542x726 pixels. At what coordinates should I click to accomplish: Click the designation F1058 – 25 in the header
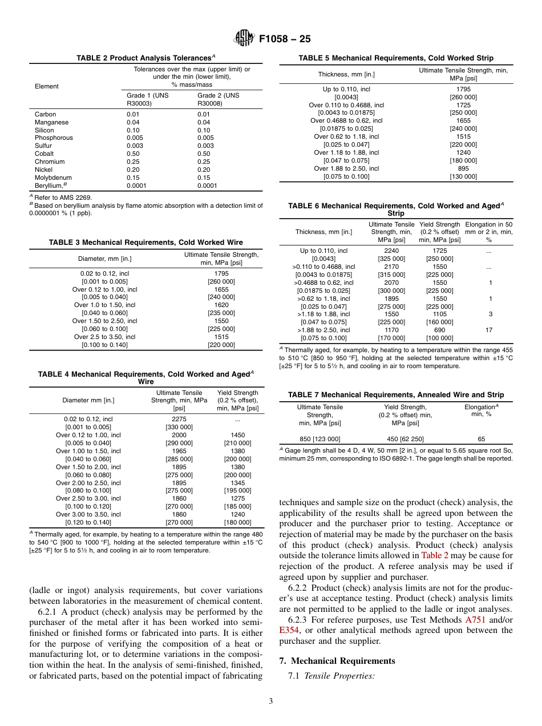[285, 39]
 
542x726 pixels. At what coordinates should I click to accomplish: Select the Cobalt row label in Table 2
[45, 154]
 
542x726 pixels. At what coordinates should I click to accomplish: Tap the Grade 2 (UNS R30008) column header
[218, 99]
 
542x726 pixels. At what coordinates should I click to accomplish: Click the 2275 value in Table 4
[179, 419]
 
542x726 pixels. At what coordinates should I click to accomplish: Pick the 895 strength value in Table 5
[463, 168]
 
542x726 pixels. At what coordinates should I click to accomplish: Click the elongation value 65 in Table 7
[481, 439]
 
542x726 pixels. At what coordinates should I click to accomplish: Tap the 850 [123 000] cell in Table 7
[319, 439]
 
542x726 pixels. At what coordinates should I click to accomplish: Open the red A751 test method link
[476, 619]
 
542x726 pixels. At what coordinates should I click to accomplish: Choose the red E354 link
[288, 630]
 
